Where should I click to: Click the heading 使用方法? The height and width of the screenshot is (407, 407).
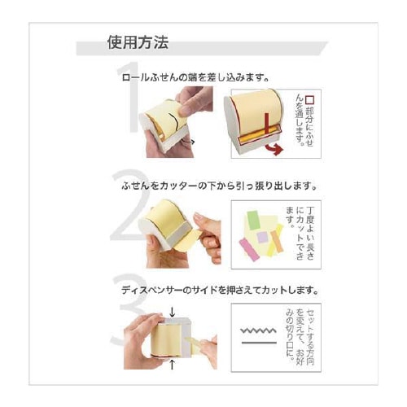point(138,42)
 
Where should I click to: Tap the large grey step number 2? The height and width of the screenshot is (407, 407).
point(130,205)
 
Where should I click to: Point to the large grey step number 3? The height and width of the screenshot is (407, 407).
point(129,309)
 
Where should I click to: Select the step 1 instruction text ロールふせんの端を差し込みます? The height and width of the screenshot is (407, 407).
point(195,78)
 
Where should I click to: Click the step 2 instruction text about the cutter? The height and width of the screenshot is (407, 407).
point(220,186)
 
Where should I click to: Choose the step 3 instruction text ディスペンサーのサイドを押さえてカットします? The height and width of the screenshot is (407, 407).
point(220,291)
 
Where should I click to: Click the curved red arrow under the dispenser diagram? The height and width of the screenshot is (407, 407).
point(274,149)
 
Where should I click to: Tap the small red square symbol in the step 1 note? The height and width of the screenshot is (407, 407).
point(309,100)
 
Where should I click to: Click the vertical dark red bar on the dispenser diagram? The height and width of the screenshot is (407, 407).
point(266,124)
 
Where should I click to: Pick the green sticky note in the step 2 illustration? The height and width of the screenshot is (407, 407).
point(253,220)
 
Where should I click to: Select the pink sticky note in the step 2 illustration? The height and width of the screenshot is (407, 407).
point(250,250)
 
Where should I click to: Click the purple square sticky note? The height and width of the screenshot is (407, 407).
point(262,237)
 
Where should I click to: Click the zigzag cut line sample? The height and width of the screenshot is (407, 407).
point(259,330)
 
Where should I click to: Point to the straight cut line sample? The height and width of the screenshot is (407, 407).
point(259,343)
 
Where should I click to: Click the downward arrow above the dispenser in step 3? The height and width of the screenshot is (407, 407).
point(173,312)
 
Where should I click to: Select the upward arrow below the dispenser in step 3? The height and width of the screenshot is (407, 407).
point(172,365)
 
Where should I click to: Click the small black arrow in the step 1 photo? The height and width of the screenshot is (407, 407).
point(189,141)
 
